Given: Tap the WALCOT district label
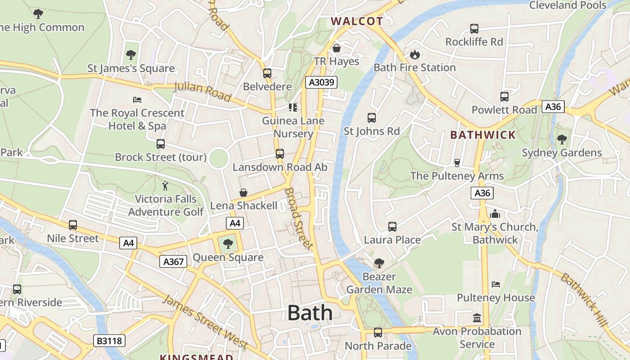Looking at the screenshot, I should tap(357, 21).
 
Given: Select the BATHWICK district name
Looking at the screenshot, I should tap(483, 135).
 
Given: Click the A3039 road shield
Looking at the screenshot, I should tap(321, 82).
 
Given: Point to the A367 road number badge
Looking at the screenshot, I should tap(173, 261).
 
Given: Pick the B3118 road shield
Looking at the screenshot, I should tap(109, 341).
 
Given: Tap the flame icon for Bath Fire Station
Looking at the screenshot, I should tap(414, 54).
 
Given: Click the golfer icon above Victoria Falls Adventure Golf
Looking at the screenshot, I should tap(166, 186).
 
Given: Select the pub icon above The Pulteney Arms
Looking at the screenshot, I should tap(457, 162).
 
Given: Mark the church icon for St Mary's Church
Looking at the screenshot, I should tap(495, 214).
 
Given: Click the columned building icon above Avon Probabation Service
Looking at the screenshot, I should tap(477, 318).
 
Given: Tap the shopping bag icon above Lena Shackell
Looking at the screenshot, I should tap(243, 193).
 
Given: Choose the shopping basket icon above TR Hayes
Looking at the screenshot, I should tap(336, 48).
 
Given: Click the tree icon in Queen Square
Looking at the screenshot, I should tap(228, 244).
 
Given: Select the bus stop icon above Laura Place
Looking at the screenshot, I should tap(392, 226).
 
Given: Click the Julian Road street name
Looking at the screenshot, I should tap(202, 91).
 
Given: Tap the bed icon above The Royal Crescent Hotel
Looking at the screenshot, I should tap(137, 99).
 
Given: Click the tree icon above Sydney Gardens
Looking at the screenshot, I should tap(562, 139).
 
